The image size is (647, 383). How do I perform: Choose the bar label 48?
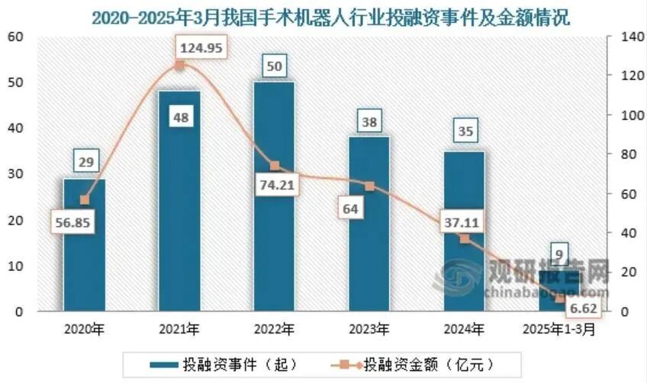(180, 117)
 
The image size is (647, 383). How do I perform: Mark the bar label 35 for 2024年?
(465, 131)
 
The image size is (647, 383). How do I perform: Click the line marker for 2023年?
(370, 186)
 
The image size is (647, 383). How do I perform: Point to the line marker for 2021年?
(180, 65)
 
